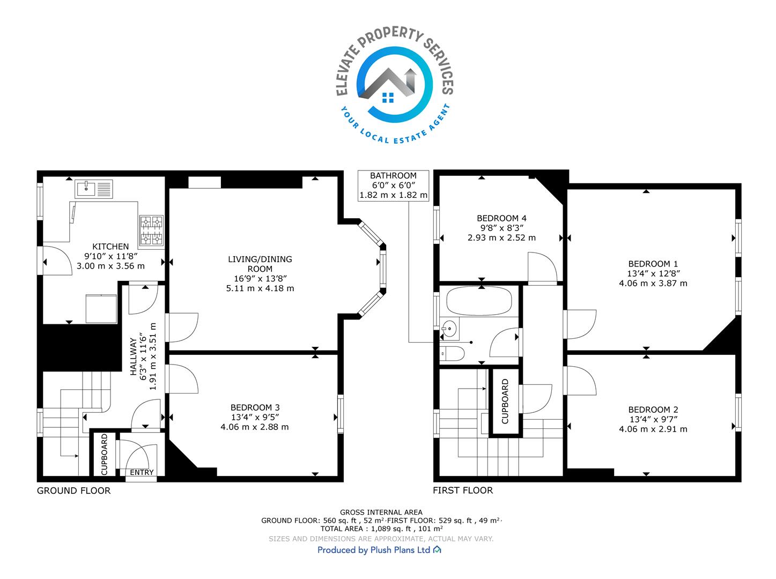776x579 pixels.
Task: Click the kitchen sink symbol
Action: (x=94, y=189)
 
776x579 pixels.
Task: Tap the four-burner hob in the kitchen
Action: (x=152, y=231)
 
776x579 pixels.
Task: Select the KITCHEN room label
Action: (x=110, y=247)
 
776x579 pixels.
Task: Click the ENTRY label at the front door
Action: (x=142, y=472)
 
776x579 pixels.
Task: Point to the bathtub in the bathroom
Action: (x=479, y=301)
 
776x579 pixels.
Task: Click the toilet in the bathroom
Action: (x=452, y=353)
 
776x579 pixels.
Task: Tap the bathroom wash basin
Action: (x=449, y=329)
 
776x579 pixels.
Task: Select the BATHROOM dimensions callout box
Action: (x=393, y=185)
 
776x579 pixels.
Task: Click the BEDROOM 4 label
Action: (x=501, y=218)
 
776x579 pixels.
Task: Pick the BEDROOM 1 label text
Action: (x=653, y=264)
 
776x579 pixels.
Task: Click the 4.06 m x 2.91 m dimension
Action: (x=653, y=429)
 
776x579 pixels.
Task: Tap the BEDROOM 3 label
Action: (x=255, y=407)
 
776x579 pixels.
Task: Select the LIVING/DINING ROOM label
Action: (x=260, y=264)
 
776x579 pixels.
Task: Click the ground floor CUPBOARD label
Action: (x=104, y=455)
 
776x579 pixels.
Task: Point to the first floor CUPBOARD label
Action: (x=505, y=402)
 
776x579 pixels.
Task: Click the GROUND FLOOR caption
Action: (x=73, y=491)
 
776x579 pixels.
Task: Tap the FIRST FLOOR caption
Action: (x=463, y=491)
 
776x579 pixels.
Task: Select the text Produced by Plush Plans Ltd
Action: (x=374, y=550)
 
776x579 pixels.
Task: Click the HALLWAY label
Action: (x=134, y=357)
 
